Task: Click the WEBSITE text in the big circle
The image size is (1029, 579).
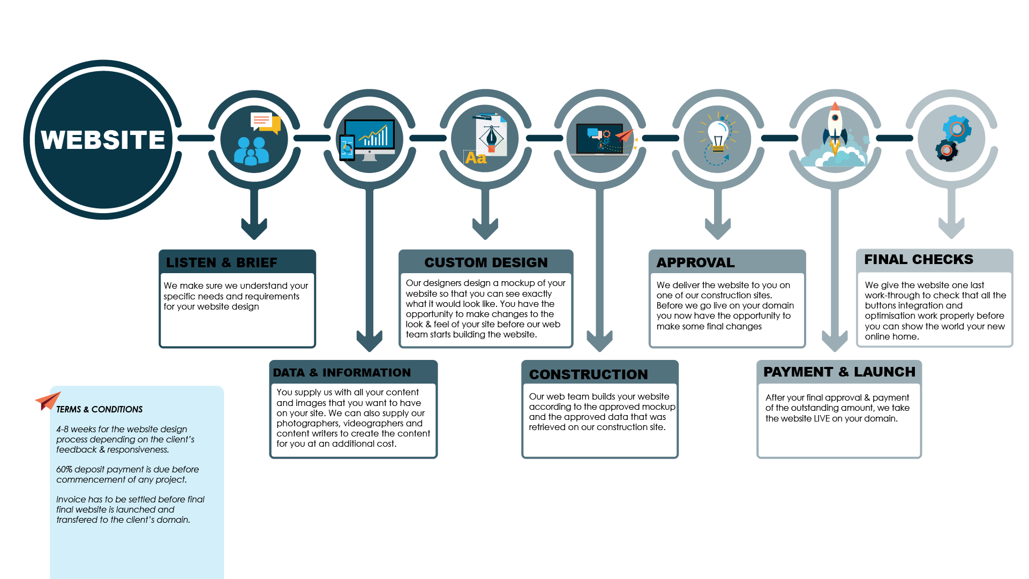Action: coord(103,140)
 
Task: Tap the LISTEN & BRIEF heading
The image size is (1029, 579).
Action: coord(221,262)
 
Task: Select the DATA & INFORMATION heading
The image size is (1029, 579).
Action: coord(342,372)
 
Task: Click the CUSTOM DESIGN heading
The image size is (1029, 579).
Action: coord(486,262)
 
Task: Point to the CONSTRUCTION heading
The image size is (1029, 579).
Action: coord(588,374)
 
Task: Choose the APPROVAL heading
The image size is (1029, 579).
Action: coord(695,262)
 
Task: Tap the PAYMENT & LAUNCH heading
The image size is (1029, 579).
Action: coord(839,372)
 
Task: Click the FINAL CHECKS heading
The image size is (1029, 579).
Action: coord(918,259)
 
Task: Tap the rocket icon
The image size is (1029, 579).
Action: coord(835,126)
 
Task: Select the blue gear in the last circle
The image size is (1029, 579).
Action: coord(957,129)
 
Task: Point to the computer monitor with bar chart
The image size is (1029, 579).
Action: coord(370,136)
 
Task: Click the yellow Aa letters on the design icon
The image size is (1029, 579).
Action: coord(476,158)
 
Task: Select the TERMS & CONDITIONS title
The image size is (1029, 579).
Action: coord(99,409)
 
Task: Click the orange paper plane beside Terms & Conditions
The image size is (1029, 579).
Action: coord(47,401)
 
